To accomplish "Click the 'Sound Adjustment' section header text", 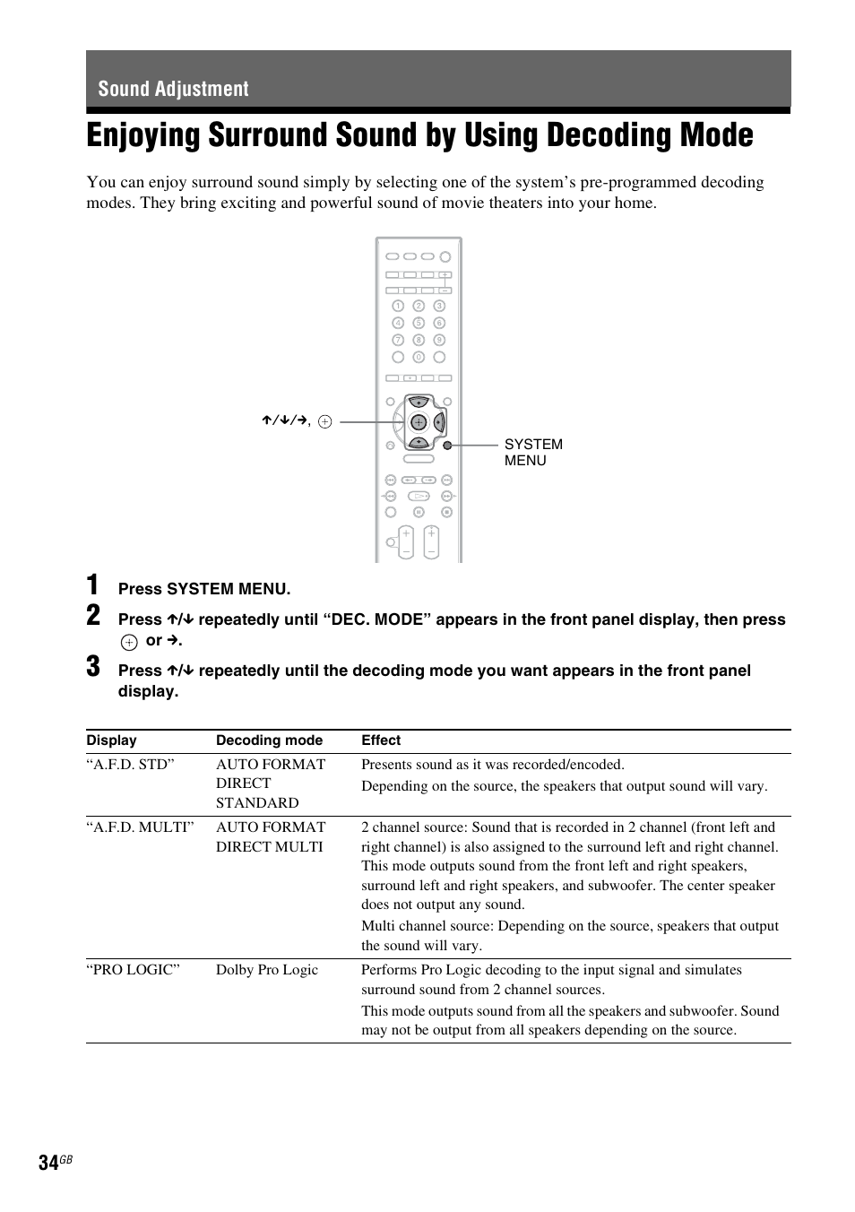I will coord(173,89).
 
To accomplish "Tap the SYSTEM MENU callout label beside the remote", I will coord(532,452).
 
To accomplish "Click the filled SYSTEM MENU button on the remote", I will coord(447,445).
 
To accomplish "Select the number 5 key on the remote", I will coord(419,323).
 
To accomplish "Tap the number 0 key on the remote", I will coord(419,357).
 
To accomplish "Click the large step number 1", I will coord(93,585).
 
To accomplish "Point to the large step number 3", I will coord(93,668).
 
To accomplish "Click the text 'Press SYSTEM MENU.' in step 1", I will coord(204,589).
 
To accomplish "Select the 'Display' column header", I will coord(111,740).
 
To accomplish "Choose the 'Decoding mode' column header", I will coord(269,740).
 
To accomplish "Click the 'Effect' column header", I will coord(381,740).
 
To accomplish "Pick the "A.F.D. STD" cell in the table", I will coord(130,765).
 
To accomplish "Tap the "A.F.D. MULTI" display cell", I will coord(140,827).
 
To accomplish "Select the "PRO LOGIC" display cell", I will coord(133,970).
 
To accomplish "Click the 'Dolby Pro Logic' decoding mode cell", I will coord(267,970).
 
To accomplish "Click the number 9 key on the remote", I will coord(439,340).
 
